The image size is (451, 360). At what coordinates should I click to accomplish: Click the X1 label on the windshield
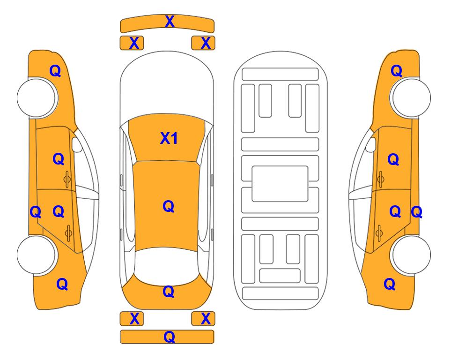(x=169, y=138)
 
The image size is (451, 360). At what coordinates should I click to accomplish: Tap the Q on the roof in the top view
(x=169, y=206)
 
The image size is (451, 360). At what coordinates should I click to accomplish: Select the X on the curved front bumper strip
(x=170, y=22)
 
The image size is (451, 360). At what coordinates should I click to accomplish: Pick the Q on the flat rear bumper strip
(x=170, y=337)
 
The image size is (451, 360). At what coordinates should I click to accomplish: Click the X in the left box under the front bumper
(x=134, y=43)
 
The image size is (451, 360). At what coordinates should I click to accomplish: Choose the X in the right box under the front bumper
(x=206, y=43)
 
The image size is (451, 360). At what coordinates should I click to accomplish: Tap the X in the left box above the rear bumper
(x=134, y=319)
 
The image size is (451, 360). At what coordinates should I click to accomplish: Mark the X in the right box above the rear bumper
(x=206, y=319)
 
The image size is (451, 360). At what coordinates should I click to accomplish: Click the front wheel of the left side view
(x=37, y=97)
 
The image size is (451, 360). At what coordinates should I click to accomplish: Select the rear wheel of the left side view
(x=37, y=255)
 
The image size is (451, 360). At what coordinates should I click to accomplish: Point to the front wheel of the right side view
(x=410, y=97)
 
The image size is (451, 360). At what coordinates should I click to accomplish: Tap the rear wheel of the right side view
(x=410, y=255)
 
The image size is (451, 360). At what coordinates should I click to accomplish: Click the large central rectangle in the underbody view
(x=280, y=184)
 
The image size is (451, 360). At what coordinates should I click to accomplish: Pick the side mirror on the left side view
(x=77, y=144)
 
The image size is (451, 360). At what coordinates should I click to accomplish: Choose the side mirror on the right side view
(x=371, y=144)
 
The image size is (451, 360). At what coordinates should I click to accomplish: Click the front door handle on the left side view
(x=67, y=179)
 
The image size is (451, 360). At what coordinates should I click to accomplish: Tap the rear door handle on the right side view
(x=379, y=233)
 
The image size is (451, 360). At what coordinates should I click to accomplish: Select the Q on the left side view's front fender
(x=55, y=71)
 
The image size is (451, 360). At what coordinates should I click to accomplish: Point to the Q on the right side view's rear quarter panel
(x=390, y=284)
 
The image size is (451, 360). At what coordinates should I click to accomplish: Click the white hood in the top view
(x=167, y=83)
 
